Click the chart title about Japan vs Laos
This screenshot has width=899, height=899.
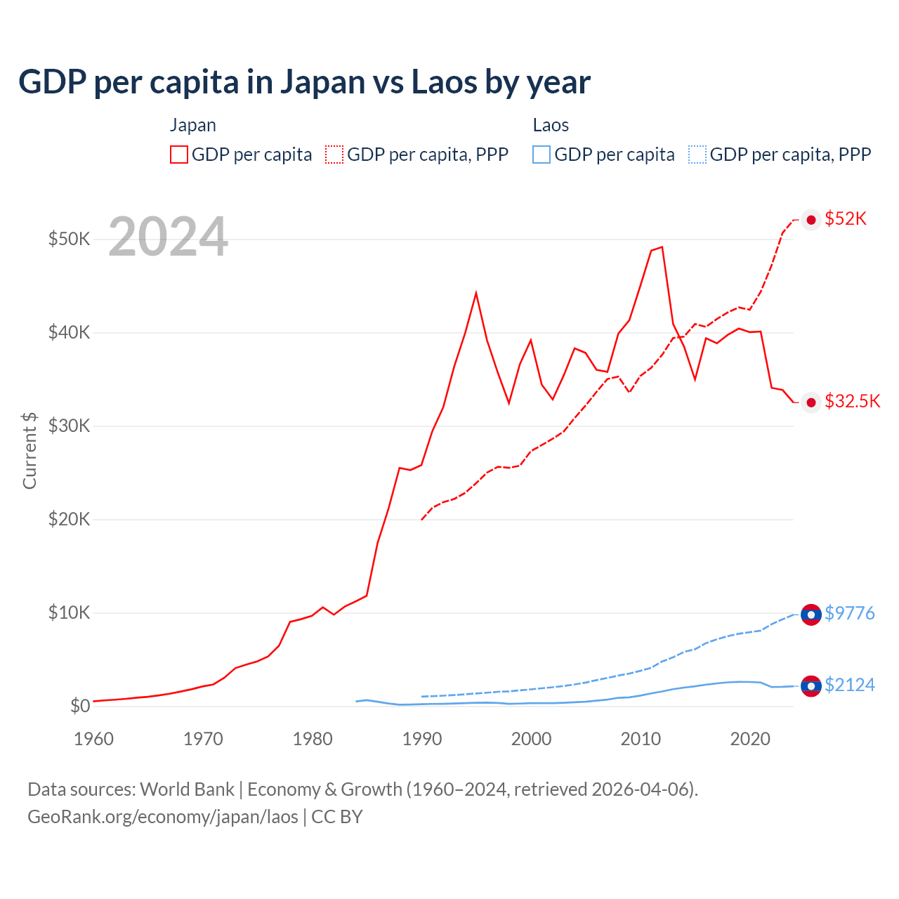[304, 82]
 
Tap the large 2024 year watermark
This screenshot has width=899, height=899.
[168, 237]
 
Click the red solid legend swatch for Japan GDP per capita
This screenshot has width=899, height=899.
[179, 155]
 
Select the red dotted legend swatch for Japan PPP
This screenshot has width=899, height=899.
[334, 155]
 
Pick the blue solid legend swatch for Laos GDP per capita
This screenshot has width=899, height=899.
[542, 155]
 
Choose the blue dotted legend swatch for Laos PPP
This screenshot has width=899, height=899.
[697, 155]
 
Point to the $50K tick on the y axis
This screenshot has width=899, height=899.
[69, 239]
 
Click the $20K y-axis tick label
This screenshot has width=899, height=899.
[69, 519]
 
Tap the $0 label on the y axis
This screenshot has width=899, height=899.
[80, 706]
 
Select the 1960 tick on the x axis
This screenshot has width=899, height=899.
[93, 739]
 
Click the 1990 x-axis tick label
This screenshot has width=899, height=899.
[422, 739]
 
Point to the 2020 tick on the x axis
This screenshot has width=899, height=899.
[750, 739]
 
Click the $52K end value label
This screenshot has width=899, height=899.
[846, 219]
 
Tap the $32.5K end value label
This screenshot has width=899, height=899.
[852, 401]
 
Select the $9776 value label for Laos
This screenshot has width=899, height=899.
[850, 613]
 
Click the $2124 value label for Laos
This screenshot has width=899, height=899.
[850, 685]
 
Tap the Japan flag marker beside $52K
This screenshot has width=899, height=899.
[811, 220]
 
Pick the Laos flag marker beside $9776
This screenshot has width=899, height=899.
[811, 615]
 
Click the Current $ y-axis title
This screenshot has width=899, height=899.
[29, 450]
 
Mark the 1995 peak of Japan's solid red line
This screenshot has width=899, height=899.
[476, 292]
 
